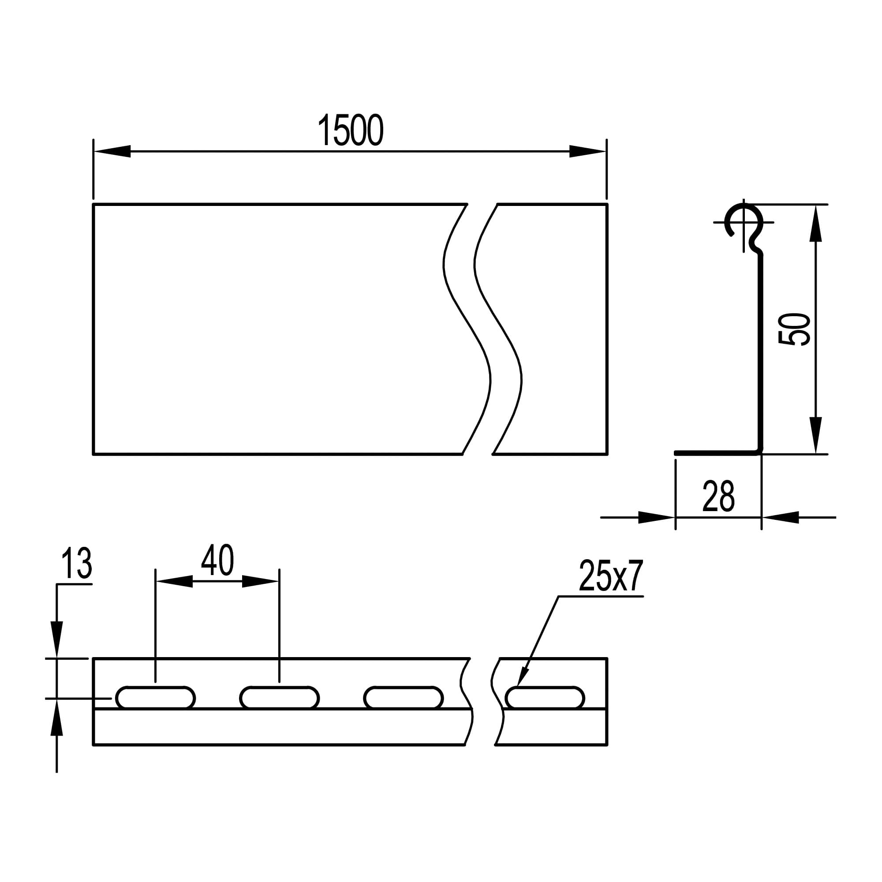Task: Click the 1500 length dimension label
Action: point(350,130)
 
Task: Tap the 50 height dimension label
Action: point(794,329)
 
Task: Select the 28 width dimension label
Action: point(718,496)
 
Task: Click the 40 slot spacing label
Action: point(217,560)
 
